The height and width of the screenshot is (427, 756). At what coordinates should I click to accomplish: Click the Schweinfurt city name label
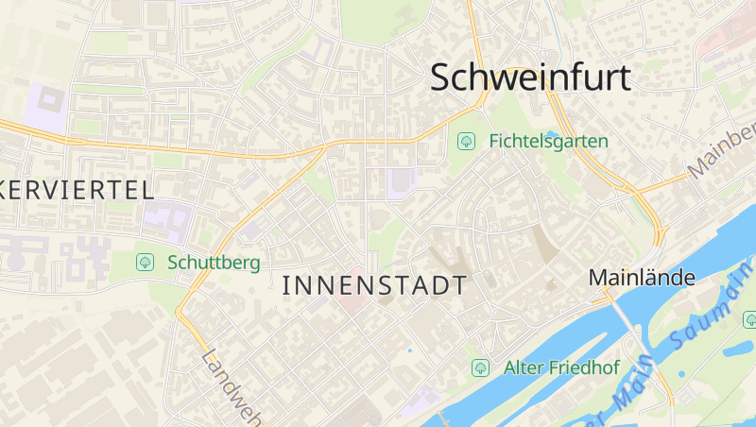coord(530,77)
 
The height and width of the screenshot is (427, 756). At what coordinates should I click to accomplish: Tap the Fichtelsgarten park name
coord(548,142)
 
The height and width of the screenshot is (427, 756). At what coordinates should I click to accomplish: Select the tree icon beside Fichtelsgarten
coord(466,142)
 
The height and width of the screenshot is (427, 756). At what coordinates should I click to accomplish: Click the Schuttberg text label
coord(214,263)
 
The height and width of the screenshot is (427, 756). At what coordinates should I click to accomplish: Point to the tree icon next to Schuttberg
coord(145,263)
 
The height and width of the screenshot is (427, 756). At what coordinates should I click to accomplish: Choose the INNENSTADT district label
coord(374,285)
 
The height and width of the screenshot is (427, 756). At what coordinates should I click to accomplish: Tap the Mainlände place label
coord(642,278)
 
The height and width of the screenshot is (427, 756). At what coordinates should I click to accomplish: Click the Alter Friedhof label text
coord(561,367)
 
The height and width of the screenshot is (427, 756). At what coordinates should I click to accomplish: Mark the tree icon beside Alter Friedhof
coord(480,367)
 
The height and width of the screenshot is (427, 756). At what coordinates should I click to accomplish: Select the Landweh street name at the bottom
coord(232,387)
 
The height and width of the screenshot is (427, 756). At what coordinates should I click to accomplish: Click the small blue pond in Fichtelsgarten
coord(553,135)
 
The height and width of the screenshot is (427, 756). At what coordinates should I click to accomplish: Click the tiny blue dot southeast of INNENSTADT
coord(409,351)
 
